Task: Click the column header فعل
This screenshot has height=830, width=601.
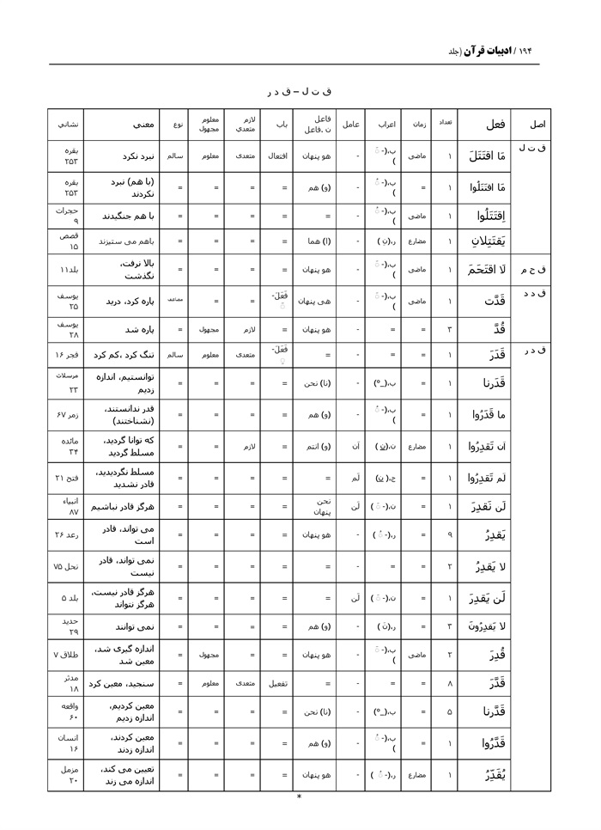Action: point(495,124)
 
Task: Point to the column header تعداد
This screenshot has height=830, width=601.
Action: point(445,123)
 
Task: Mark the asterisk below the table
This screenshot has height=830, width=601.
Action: point(299,796)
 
